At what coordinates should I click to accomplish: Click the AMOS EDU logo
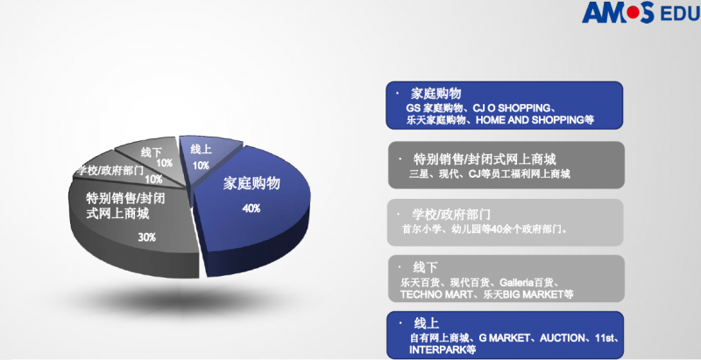[641, 12]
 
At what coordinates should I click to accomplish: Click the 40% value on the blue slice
[251, 208]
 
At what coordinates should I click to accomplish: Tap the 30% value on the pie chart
[146, 237]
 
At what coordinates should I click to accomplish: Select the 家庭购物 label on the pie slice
[251, 183]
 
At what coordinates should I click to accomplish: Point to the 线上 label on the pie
[201, 149]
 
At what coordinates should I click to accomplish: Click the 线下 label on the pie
[152, 152]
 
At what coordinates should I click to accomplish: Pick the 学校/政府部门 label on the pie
[110, 170]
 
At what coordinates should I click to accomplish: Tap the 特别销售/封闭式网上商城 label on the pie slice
[125, 206]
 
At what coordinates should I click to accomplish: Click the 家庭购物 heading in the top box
[435, 94]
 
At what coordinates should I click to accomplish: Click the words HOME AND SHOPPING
[530, 120]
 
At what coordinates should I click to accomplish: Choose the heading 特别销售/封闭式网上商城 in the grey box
[485, 159]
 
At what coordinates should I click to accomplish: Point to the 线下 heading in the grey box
[425, 267]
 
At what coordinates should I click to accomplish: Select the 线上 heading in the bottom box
[426, 323]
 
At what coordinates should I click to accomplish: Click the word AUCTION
[562, 338]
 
